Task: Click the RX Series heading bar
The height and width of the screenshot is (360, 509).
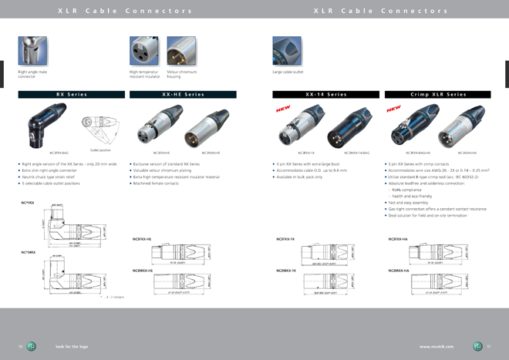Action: (72, 94)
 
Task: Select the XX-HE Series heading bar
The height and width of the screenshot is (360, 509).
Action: (183, 94)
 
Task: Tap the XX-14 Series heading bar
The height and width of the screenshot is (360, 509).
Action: (325, 94)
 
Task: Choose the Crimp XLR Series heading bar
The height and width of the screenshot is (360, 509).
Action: (438, 94)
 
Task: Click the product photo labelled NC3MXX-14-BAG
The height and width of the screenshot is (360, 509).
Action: (356, 127)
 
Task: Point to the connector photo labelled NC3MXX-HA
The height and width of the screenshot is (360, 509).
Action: (467, 127)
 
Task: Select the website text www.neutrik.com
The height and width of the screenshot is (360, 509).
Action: (437, 346)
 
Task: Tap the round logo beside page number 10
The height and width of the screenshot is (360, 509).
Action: (32, 346)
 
